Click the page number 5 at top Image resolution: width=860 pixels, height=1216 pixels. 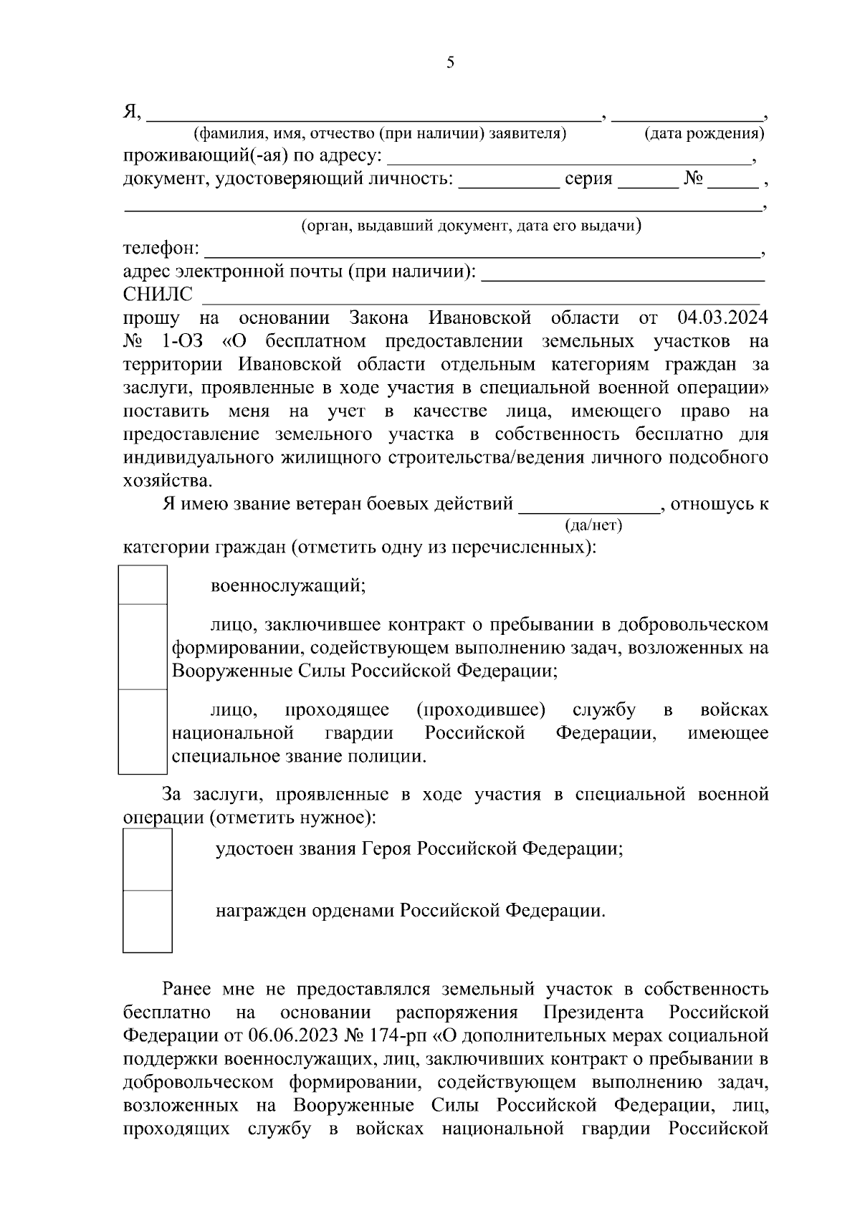450,62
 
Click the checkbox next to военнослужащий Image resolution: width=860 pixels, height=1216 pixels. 143,585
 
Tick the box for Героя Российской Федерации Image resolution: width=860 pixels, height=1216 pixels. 148,859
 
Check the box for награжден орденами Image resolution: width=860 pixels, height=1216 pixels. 148,921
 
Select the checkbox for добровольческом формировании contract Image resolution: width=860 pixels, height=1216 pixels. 143,646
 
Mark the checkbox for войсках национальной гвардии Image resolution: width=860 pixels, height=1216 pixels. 143,732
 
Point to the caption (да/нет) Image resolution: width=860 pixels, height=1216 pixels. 594,525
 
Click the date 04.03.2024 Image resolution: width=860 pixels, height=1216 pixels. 722,317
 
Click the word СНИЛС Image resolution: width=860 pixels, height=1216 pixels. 158,295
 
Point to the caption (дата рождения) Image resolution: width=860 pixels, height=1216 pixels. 704,133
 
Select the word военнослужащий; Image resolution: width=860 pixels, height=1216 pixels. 289,585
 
